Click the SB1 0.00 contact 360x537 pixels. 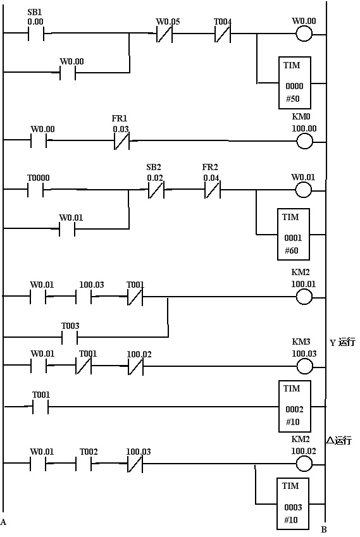(36, 34)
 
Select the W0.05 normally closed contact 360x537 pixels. (164, 34)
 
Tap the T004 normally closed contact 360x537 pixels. (223, 34)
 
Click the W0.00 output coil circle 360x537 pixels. (304, 34)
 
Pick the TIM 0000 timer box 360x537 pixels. (295, 83)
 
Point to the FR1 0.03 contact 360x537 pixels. (121, 141)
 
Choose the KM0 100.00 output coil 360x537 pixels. (304, 141)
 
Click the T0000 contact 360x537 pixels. (35, 189)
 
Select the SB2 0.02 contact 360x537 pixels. (156, 190)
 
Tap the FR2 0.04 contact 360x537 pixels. (213, 190)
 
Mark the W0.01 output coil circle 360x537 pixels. (303, 190)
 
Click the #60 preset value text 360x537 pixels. (292, 250)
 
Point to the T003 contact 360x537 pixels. (70, 337)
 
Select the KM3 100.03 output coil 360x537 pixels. (304, 366)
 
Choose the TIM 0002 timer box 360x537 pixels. (295, 406)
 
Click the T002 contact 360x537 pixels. (84, 464)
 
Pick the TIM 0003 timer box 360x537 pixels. (293, 504)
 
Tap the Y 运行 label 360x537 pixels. (342, 342)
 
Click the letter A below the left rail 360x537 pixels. (3, 522)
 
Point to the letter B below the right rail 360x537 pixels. (324, 529)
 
